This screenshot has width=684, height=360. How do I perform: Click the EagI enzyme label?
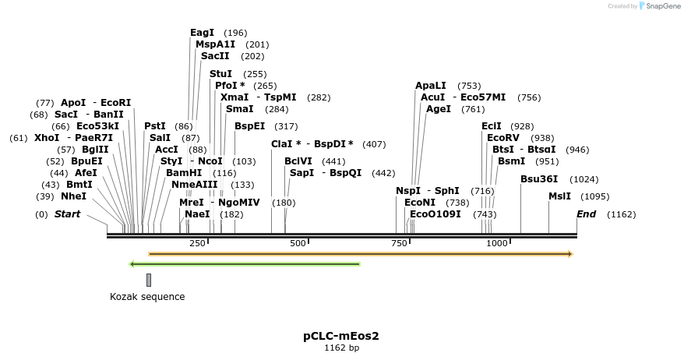coord(202,33)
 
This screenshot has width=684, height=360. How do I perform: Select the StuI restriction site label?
coord(220,74)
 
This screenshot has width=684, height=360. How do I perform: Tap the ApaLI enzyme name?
coord(431,86)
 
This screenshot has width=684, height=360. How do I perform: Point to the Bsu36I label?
coord(539,179)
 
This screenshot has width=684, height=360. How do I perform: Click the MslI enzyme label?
coord(559,196)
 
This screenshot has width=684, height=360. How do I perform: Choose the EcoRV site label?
coord(502,138)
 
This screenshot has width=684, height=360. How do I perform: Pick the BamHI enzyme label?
coord(184,173)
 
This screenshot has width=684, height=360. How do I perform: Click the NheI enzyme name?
coord(73,196)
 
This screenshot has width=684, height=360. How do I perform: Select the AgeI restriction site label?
coord(438,109)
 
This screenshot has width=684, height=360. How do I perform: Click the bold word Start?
coord(67,214)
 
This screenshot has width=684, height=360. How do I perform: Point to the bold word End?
coord(586,214)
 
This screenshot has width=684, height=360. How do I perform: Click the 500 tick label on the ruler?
coord(298,244)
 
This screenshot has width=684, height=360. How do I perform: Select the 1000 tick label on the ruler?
coord(497,244)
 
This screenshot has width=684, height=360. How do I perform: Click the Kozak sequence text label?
coord(147,296)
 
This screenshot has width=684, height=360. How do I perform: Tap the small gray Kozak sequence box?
coord(149,280)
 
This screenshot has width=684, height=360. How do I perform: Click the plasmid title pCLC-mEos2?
coord(341,336)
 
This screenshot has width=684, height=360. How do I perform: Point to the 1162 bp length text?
coord(341,348)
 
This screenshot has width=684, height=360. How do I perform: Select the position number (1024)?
coord(584,179)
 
